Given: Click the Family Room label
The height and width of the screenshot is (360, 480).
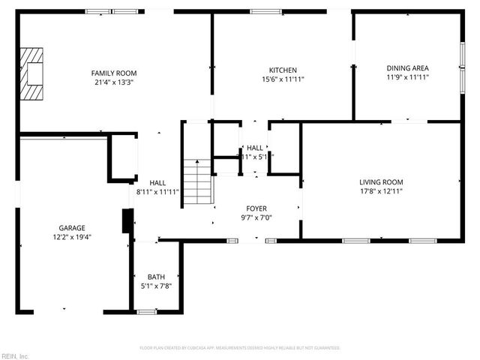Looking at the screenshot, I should pyautogui.click(x=114, y=73).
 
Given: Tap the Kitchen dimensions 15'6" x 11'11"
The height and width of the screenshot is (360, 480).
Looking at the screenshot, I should pyautogui.click(x=283, y=79).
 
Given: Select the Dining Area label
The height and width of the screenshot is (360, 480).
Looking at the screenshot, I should pyautogui.click(x=407, y=67).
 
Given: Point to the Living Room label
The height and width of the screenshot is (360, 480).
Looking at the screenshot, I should pyautogui.click(x=381, y=182).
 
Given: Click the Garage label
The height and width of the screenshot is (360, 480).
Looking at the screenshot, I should pyautogui.click(x=72, y=228).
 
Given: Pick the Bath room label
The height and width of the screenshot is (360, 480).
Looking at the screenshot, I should pyautogui.click(x=156, y=277).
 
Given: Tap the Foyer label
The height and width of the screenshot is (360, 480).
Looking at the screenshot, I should pyautogui.click(x=256, y=208).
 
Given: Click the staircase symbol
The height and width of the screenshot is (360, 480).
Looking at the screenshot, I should pyautogui.click(x=199, y=182).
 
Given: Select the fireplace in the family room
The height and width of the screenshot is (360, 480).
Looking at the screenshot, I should pyautogui.click(x=32, y=73).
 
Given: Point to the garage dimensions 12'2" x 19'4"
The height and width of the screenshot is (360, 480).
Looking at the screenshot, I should pyautogui.click(x=72, y=237).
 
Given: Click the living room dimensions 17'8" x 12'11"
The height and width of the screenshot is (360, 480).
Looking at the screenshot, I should pyautogui.click(x=381, y=191).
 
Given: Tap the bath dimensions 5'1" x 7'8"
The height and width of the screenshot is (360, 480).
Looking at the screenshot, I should pyautogui.click(x=156, y=286).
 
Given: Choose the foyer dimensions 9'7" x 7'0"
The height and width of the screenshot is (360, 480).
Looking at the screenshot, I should pyautogui.click(x=256, y=217).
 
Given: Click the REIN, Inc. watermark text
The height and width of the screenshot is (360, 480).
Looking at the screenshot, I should pyautogui.click(x=14, y=355).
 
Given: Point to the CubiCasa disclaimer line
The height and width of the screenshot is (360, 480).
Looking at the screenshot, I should pyautogui.click(x=240, y=348).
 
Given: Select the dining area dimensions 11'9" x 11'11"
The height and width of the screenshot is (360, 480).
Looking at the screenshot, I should pyautogui.click(x=407, y=76).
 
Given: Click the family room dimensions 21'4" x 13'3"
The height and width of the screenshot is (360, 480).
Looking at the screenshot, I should pyautogui.click(x=114, y=82).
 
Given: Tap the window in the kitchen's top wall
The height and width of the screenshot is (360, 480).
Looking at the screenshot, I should pyautogui.click(x=261, y=11).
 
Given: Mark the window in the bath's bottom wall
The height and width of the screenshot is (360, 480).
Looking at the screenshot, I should pyautogui.click(x=147, y=311).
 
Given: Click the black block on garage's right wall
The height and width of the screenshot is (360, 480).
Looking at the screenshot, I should pyautogui.click(x=127, y=221).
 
